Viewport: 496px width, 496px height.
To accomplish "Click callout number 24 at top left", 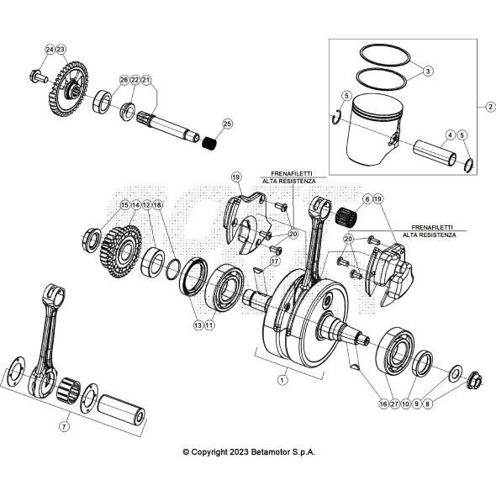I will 50,50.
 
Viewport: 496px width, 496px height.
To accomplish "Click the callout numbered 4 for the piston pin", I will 450,135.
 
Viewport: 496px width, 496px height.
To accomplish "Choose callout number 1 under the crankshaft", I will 282,379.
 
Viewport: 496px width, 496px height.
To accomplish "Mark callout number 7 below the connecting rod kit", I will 64,426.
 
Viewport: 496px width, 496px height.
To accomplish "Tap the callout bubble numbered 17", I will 273,261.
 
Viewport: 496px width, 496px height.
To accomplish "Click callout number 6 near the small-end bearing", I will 367,198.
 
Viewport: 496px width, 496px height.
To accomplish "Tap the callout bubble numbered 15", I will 124,204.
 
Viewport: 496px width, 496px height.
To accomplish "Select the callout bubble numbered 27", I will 394,404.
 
